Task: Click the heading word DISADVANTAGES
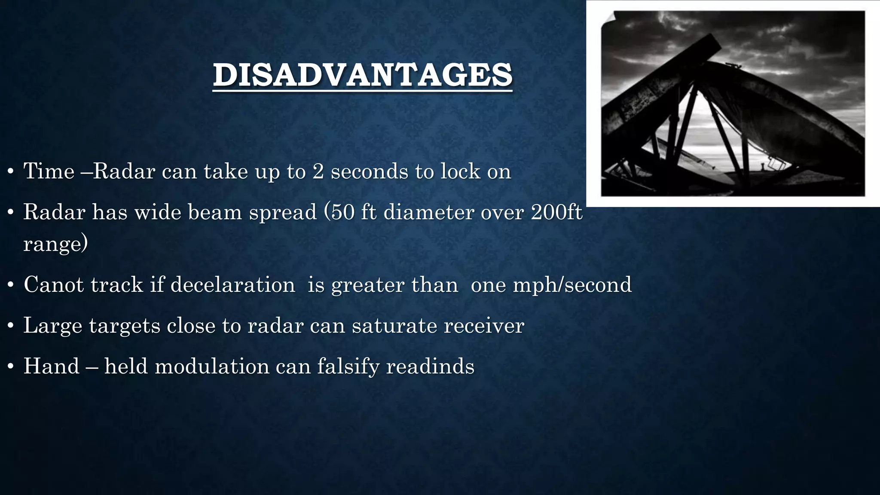362,75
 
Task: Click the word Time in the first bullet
49,171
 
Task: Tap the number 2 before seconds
318,171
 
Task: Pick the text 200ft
556,212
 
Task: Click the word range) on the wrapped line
55,244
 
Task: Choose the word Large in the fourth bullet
52,325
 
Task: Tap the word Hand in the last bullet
52,366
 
